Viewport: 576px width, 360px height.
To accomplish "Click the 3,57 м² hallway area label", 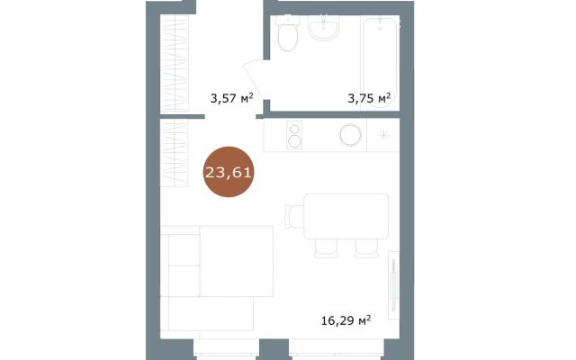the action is [232, 98].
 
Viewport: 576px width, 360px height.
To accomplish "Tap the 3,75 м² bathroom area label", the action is [369, 98].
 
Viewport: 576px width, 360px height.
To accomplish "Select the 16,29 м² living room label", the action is [346, 320].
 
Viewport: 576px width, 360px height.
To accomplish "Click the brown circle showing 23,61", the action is [229, 172].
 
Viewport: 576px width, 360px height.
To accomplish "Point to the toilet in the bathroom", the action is [288, 34].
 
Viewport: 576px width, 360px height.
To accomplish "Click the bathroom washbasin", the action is [324, 28].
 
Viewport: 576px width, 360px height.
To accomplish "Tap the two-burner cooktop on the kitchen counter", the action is [294, 135].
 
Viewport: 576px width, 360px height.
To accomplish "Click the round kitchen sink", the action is [350, 135].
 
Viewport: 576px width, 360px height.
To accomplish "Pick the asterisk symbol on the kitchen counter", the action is [383, 135].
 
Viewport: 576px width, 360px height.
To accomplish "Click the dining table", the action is [346, 216].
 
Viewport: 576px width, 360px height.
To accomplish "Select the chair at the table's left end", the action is [294, 216].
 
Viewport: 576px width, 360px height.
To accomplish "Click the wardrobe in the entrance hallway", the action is [175, 63].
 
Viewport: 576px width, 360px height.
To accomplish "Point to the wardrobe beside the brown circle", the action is [174, 153].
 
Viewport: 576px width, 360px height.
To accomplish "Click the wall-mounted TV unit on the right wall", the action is [393, 285].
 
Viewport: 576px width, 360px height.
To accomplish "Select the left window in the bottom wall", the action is [226, 349].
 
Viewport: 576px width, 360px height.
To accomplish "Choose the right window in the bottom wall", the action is [337, 349].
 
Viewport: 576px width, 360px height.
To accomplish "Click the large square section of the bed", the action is [236, 261].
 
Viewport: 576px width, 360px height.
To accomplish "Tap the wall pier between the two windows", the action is [274, 349].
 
